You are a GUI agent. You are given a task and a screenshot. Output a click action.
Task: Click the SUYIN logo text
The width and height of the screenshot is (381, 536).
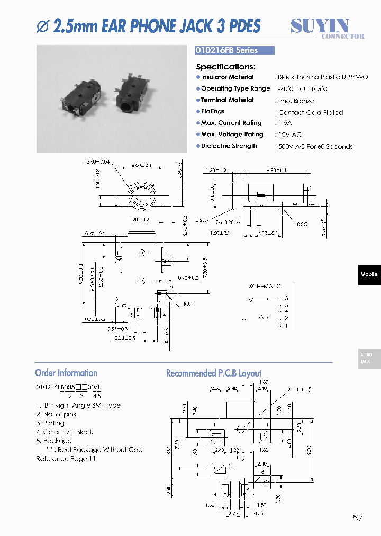point(320,25)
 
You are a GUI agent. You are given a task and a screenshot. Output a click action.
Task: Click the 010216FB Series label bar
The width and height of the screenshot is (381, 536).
point(234,50)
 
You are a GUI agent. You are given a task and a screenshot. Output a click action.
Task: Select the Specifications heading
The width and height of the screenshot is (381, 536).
point(225,67)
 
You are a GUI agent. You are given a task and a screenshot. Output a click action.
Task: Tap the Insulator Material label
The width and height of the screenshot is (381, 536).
point(227,77)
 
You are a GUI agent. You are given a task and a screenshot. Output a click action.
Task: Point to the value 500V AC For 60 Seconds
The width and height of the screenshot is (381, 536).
point(315,147)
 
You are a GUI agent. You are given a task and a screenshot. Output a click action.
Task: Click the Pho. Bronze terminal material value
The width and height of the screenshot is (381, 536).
point(296,101)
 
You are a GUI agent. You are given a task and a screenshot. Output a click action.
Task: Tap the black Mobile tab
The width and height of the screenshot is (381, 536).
point(369,274)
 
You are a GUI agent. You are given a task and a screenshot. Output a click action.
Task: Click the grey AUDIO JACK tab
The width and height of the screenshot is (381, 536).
point(369,359)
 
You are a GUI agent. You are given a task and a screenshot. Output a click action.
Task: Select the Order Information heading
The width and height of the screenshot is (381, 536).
point(66,373)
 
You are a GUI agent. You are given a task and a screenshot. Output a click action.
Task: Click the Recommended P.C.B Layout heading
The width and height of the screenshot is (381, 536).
point(213,373)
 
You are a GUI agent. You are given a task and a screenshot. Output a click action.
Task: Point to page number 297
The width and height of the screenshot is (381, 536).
point(357,517)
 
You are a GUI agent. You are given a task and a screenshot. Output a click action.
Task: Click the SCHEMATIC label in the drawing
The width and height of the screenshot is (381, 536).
point(265,286)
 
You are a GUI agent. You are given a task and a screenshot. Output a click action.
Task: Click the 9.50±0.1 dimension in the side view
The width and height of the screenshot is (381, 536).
point(276,171)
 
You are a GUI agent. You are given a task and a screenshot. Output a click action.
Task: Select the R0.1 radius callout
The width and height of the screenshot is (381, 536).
point(189,305)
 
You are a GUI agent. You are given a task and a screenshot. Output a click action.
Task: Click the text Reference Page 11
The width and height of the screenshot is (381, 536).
point(66,459)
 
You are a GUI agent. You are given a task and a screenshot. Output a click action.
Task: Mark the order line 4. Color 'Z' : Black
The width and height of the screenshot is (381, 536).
point(65,432)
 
